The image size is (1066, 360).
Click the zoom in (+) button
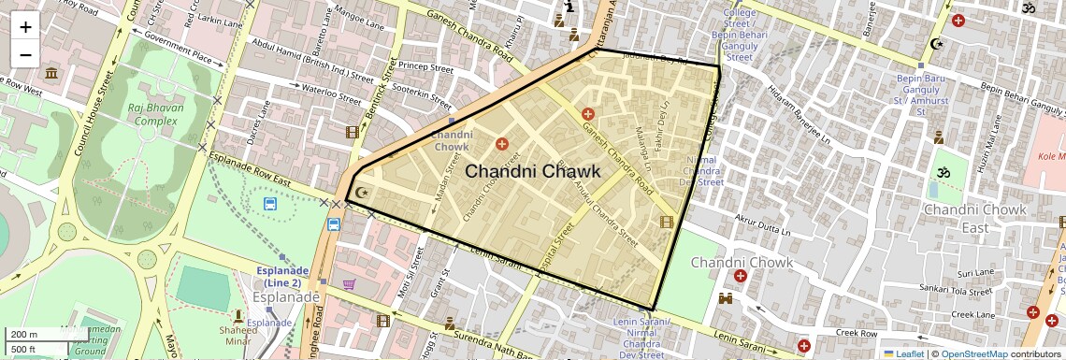[x=25, y=26]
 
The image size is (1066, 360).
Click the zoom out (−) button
[x=25, y=53]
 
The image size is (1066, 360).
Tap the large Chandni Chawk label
[x=532, y=171]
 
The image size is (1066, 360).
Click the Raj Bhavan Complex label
[x=155, y=114]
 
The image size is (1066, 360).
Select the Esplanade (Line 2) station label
[x=283, y=277]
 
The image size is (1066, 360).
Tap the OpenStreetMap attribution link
[x=973, y=353]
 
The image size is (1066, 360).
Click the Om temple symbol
[x=938, y=174]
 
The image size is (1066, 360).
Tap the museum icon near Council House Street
[x=50, y=73]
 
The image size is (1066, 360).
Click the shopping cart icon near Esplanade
[x=349, y=284]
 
